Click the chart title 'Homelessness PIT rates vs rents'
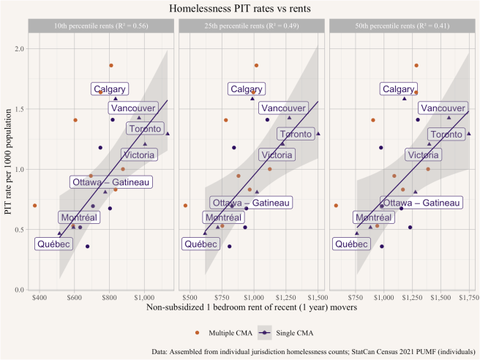pyautogui.click(x=240, y=10)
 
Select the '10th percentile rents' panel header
pyautogui.click(x=100, y=27)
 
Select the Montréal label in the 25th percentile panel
pyautogui.click(x=223, y=218)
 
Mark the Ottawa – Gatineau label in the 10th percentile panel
pyautogui.click(x=111, y=182)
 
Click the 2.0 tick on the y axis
pyautogui.click(x=20, y=49)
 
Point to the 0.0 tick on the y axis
pyautogui.click(x=20, y=290)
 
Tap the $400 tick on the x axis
pyautogui.click(x=40, y=299)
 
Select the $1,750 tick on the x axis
pyautogui.click(x=467, y=299)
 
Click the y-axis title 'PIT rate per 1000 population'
pyautogui.click(x=8, y=169)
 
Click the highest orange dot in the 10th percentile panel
pyautogui.click(x=111, y=66)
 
